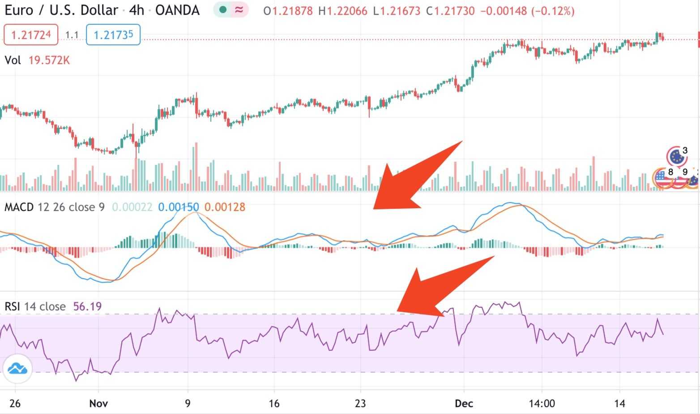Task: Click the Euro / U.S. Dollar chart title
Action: (x=61, y=10)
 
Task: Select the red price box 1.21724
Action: (x=31, y=35)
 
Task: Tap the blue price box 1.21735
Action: (x=113, y=35)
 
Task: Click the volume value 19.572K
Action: (x=49, y=60)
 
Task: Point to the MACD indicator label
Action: (x=19, y=207)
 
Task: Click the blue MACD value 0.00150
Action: (x=179, y=207)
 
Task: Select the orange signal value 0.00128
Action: (x=225, y=207)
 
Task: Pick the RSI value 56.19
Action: (x=87, y=306)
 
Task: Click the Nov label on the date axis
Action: (x=98, y=403)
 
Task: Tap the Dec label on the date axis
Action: (x=464, y=403)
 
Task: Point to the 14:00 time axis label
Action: (x=541, y=403)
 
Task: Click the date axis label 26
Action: (x=15, y=403)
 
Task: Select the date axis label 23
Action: (x=360, y=403)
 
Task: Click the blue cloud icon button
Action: (x=17, y=369)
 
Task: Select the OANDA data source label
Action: (x=177, y=10)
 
